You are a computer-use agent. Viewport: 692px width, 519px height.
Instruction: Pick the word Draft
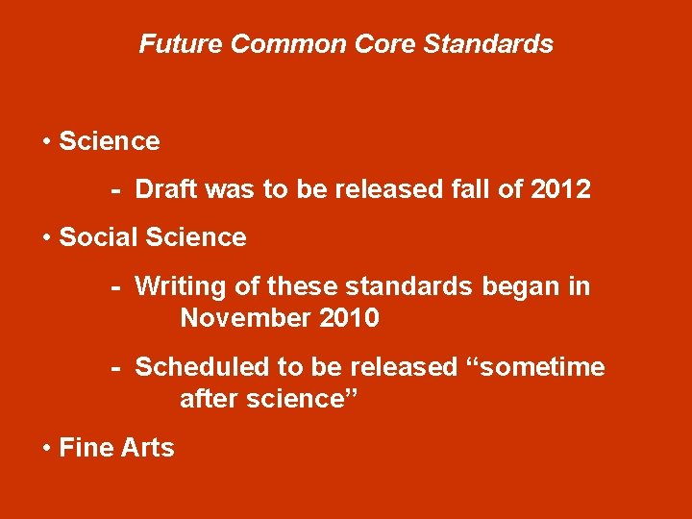(x=167, y=189)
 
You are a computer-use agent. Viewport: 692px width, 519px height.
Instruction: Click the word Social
(x=97, y=236)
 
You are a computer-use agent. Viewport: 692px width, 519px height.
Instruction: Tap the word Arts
(x=148, y=448)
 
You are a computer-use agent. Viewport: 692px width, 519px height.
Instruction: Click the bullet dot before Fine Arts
(x=47, y=448)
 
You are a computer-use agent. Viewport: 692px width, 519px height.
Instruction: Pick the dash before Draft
(x=115, y=190)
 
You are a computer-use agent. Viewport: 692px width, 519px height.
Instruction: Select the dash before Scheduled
(x=115, y=368)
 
